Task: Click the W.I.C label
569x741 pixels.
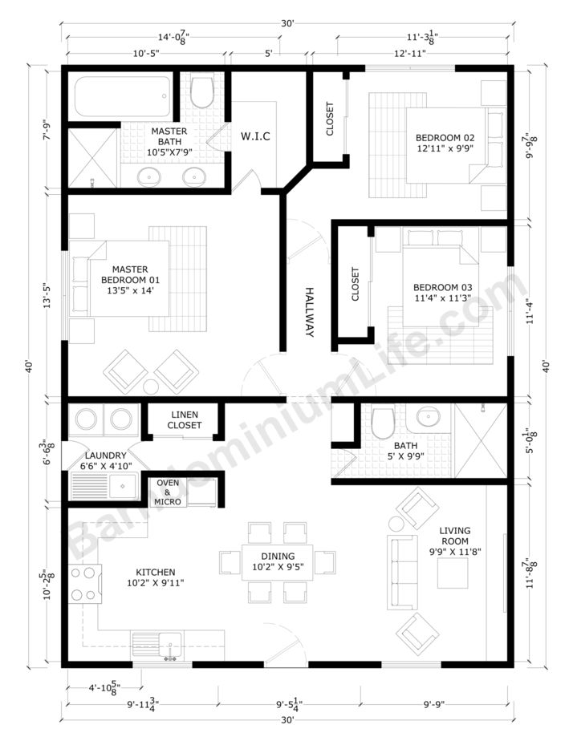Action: click(x=255, y=136)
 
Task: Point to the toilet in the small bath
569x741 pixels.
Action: click(x=382, y=419)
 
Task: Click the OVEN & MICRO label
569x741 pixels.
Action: click(x=168, y=492)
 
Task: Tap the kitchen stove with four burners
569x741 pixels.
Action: click(x=83, y=583)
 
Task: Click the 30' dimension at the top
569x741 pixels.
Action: click(x=287, y=24)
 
